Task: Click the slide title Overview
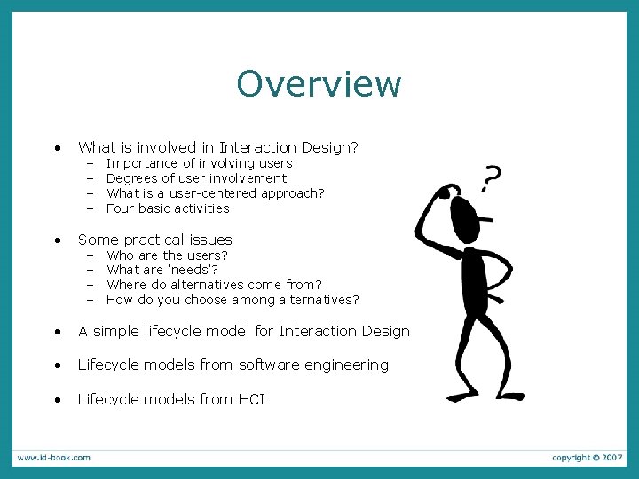pyautogui.click(x=319, y=84)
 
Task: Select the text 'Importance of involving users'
pyautogui.click(x=199, y=163)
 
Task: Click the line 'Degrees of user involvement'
pyautogui.click(x=196, y=178)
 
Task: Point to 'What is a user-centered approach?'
pyautogui.click(x=215, y=193)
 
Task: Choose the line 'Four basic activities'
pyautogui.click(x=168, y=208)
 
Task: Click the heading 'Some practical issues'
pyautogui.click(x=155, y=239)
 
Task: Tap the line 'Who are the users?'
pyautogui.click(x=167, y=255)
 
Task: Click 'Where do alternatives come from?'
pyautogui.click(x=214, y=285)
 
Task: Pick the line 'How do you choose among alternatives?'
pyautogui.click(x=233, y=300)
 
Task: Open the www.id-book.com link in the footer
pyautogui.click(x=53, y=458)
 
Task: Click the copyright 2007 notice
pyautogui.click(x=587, y=458)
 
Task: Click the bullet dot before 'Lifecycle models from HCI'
pyautogui.click(x=57, y=400)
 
